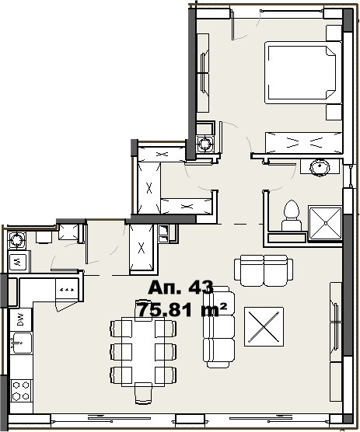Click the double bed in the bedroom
click(303, 72)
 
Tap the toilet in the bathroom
click(292, 215)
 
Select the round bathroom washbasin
click(320, 167)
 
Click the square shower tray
click(325, 223)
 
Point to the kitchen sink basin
click(21, 343)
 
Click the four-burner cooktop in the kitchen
click(21, 390)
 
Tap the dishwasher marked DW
click(21, 319)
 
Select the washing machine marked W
click(18, 262)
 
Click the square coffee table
click(264, 327)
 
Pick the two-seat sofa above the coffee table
click(264, 270)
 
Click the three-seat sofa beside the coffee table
click(218, 327)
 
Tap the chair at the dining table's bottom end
click(143, 393)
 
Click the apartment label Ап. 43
click(180, 287)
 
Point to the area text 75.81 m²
click(182, 309)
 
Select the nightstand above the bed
click(334, 33)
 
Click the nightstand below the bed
click(334, 112)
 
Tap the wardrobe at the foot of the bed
click(303, 142)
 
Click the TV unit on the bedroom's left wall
click(203, 73)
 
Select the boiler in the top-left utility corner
click(16, 239)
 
